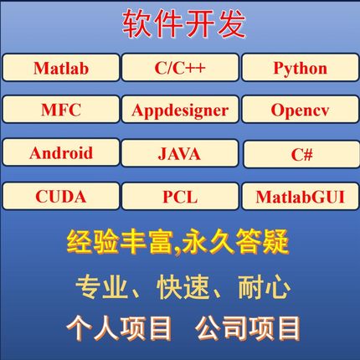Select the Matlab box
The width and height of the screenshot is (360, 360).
(x=61, y=68)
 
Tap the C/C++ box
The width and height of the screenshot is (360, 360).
(x=179, y=68)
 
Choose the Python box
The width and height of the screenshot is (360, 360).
(x=300, y=68)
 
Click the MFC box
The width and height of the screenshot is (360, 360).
(x=61, y=111)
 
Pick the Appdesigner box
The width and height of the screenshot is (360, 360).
(x=179, y=111)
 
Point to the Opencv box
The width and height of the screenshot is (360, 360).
(x=300, y=111)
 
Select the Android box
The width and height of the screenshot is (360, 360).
(x=61, y=153)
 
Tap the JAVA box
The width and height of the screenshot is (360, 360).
(x=179, y=154)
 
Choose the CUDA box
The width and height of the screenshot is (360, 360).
(x=61, y=197)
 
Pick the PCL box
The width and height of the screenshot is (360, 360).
(x=179, y=197)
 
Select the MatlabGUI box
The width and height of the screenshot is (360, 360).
(x=300, y=198)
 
